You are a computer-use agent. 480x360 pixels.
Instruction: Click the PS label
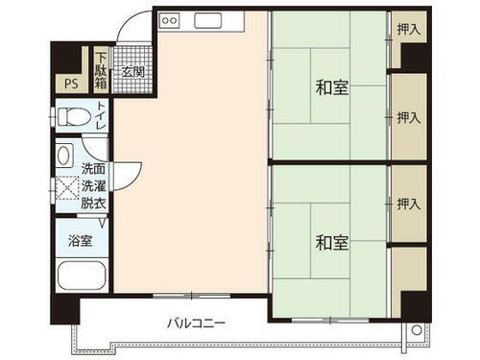click(70, 82)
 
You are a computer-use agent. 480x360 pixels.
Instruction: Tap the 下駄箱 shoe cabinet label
click(102, 70)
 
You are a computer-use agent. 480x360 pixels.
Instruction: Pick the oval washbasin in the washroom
click(64, 155)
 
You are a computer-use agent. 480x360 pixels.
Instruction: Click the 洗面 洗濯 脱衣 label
click(93, 185)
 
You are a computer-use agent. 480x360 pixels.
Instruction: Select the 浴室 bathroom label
click(80, 241)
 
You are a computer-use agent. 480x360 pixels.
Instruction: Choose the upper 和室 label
click(331, 87)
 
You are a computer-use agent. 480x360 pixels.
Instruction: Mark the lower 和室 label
click(331, 242)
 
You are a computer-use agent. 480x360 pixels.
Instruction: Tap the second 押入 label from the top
click(409, 118)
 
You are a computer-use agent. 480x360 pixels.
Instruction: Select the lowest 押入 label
click(409, 204)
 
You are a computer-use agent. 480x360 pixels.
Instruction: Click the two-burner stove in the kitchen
click(169, 19)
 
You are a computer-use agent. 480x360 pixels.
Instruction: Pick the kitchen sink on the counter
click(208, 19)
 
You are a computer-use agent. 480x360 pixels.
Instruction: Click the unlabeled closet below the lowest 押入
click(409, 270)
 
